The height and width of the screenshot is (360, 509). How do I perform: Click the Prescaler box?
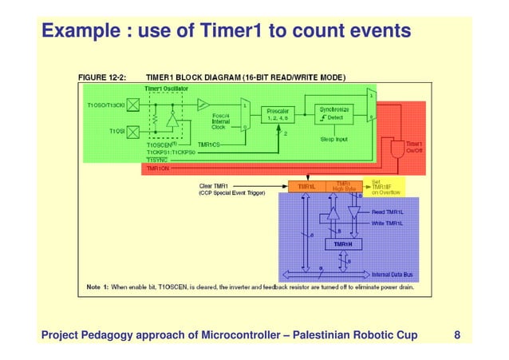pos(278,113)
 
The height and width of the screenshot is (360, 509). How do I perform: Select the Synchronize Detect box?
pos(335,113)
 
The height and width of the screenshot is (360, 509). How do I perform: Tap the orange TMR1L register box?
pos(307,187)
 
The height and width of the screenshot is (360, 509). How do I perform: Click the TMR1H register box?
pos(342,243)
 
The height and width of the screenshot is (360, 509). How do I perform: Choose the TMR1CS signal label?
pos(210,144)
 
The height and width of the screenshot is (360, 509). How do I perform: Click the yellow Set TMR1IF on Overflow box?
pos(385,187)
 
